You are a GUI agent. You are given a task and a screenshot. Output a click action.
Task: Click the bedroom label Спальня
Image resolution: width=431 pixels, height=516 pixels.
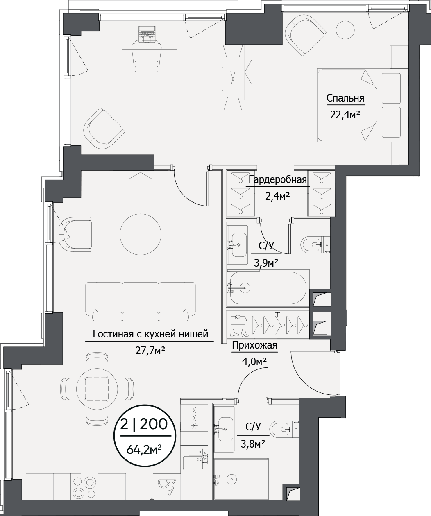(x=345, y=98)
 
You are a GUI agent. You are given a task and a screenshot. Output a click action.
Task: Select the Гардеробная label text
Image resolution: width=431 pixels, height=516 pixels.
(x=277, y=180)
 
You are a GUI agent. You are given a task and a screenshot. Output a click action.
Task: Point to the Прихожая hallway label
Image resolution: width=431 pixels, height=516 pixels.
(x=254, y=345)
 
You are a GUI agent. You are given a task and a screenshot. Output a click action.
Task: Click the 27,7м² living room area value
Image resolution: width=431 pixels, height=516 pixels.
(x=150, y=350)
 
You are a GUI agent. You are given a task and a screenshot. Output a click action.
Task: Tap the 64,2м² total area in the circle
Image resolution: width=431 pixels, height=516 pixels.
(x=144, y=450)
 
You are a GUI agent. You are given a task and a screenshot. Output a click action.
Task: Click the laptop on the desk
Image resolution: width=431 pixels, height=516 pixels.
(x=147, y=34)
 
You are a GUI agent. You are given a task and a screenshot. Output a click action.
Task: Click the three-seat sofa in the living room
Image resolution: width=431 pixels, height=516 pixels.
(x=141, y=301)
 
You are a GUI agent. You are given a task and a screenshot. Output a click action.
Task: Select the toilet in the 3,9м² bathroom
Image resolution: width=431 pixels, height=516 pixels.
(x=315, y=245)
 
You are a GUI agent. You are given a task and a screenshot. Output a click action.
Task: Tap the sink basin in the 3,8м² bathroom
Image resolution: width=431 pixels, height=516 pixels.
(x=225, y=430)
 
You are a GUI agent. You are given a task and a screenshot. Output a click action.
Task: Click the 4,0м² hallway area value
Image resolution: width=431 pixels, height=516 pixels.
(x=254, y=362)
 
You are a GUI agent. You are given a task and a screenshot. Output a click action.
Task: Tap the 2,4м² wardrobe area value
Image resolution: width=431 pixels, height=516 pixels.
(x=277, y=197)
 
